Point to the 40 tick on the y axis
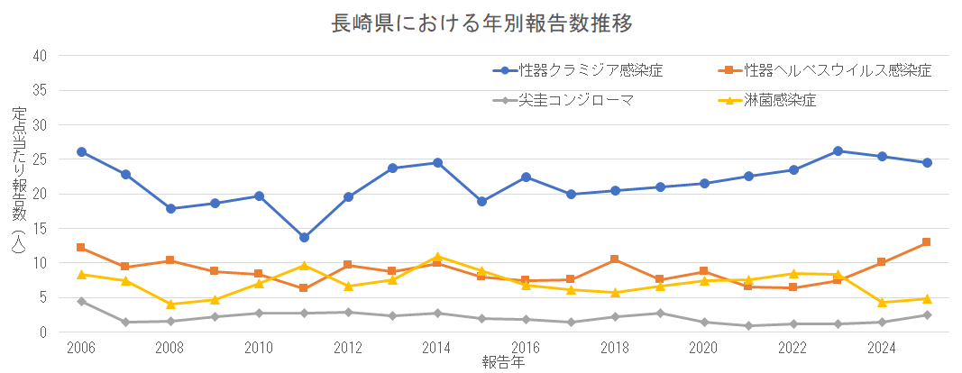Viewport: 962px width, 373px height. pyautogui.click(x=40, y=56)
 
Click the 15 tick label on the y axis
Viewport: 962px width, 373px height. pyautogui.click(x=40, y=229)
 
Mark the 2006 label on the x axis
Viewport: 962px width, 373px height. pyautogui.click(x=81, y=348)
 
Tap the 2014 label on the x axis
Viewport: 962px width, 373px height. pyautogui.click(x=437, y=348)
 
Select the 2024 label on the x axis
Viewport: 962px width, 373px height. pyautogui.click(x=882, y=348)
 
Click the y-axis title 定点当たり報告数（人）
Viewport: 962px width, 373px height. pyautogui.click(x=19, y=180)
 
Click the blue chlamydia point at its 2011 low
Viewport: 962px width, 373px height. pyautogui.click(x=304, y=238)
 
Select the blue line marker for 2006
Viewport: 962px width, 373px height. pyautogui.click(x=81, y=152)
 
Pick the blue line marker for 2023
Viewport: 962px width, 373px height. pyautogui.click(x=838, y=151)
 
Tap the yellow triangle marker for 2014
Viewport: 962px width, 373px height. pyautogui.click(x=437, y=257)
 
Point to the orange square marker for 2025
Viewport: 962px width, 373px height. pyautogui.click(x=926, y=242)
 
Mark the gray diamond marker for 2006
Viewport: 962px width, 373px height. pyautogui.click(x=81, y=301)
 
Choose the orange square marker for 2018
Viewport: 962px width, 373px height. pyautogui.click(x=615, y=259)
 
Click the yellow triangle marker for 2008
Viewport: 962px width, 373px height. pyautogui.click(x=170, y=305)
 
